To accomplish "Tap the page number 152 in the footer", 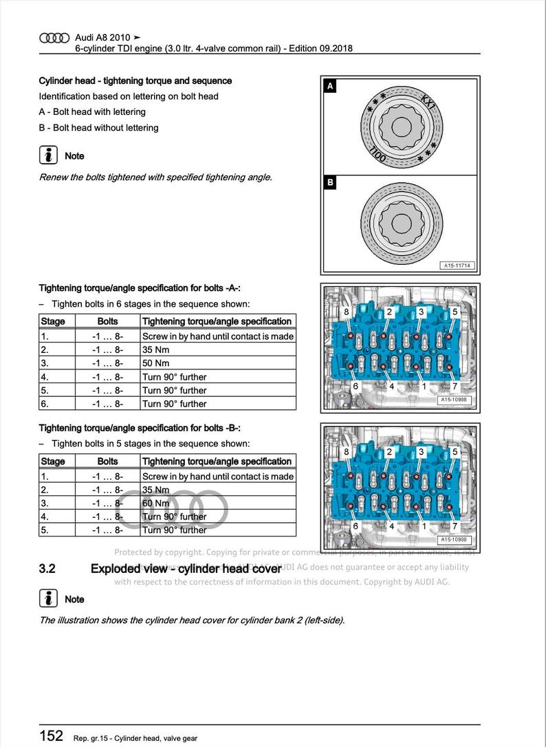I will (52, 735).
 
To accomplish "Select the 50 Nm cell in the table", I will (155, 363).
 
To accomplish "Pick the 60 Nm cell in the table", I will (155, 504).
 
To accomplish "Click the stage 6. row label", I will (45, 404).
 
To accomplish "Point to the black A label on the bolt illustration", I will (330, 87).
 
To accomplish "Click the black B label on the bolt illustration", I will (330, 184).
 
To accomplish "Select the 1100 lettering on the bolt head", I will (378, 155).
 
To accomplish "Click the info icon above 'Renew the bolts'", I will (48, 155).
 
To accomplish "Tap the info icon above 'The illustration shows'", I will (48, 598).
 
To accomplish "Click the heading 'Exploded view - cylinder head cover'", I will (186, 569).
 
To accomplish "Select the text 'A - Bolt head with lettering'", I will (92, 112).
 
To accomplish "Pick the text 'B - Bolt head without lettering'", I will (98, 128).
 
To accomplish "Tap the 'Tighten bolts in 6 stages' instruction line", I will (150, 304).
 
